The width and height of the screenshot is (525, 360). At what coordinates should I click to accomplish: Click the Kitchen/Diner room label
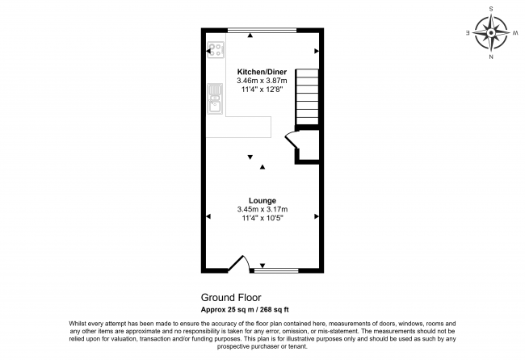(257, 71)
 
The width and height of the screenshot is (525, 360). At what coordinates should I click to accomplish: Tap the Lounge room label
(262, 200)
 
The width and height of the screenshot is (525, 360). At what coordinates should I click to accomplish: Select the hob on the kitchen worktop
(216, 50)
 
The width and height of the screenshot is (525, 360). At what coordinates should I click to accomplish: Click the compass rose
(491, 33)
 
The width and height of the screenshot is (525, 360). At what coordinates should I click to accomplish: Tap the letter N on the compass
(491, 58)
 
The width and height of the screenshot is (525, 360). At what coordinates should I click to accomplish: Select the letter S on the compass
(491, 9)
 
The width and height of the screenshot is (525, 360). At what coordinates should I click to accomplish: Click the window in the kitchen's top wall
(262, 30)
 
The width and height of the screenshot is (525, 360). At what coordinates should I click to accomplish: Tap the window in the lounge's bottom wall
(279, 269)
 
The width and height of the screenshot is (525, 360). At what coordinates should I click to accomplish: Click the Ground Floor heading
(231, 297)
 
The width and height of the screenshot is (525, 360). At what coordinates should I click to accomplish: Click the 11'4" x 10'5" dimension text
(262, 219)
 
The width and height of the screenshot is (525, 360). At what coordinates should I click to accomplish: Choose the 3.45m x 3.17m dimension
(262, 210)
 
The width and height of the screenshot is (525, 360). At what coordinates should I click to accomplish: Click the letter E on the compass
(468, 33)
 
